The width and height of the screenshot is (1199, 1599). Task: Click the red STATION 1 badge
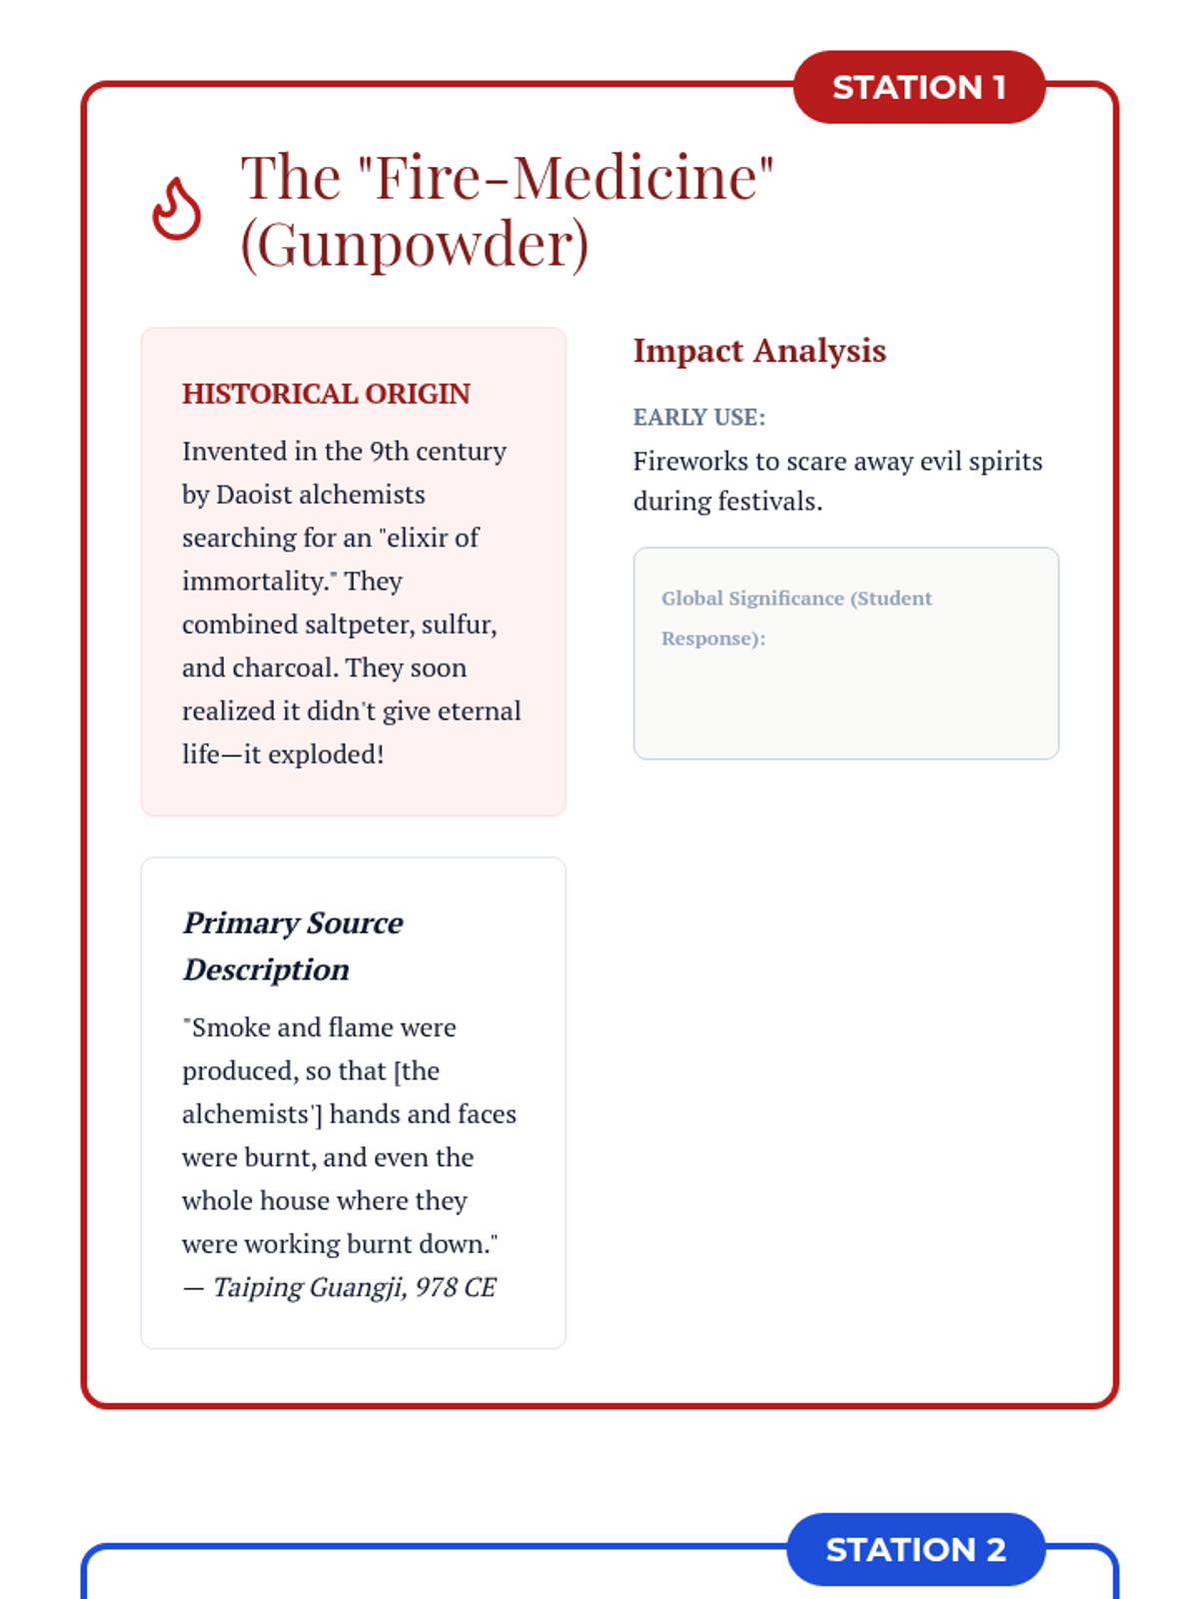(x=918, y=88)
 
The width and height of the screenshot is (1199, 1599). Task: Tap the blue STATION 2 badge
(x=915, y=1549)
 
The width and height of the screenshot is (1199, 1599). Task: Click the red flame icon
(x=177, y=209)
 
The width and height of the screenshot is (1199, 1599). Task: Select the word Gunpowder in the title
(x=415, y=245)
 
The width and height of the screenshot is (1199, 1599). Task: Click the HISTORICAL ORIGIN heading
(x=326, y=394)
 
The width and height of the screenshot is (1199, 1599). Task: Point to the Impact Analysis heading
(x=759, y=351)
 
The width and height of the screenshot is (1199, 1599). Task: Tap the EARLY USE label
(x=699, y=418)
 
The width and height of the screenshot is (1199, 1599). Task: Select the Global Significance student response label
(x=796, y=618)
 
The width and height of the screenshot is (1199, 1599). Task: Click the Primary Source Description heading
(x=293, y=945)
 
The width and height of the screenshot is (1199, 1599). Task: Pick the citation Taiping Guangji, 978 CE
(x=355, y=1287)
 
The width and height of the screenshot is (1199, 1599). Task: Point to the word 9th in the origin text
(x=389, y=452)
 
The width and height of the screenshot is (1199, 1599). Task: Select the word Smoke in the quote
(x=231, y=1028)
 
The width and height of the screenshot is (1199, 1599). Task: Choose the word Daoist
(x=254, y=495)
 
